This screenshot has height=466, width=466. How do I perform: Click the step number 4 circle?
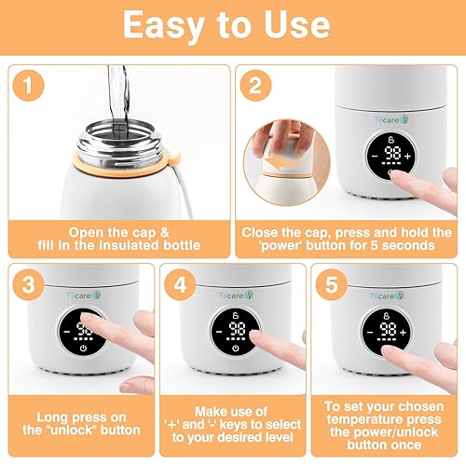(x=182, y=282)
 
